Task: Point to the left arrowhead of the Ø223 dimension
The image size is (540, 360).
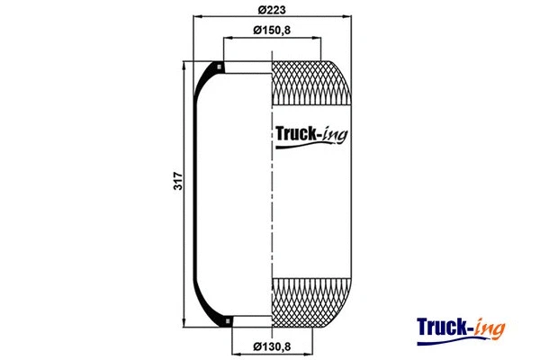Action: [198, 18]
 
